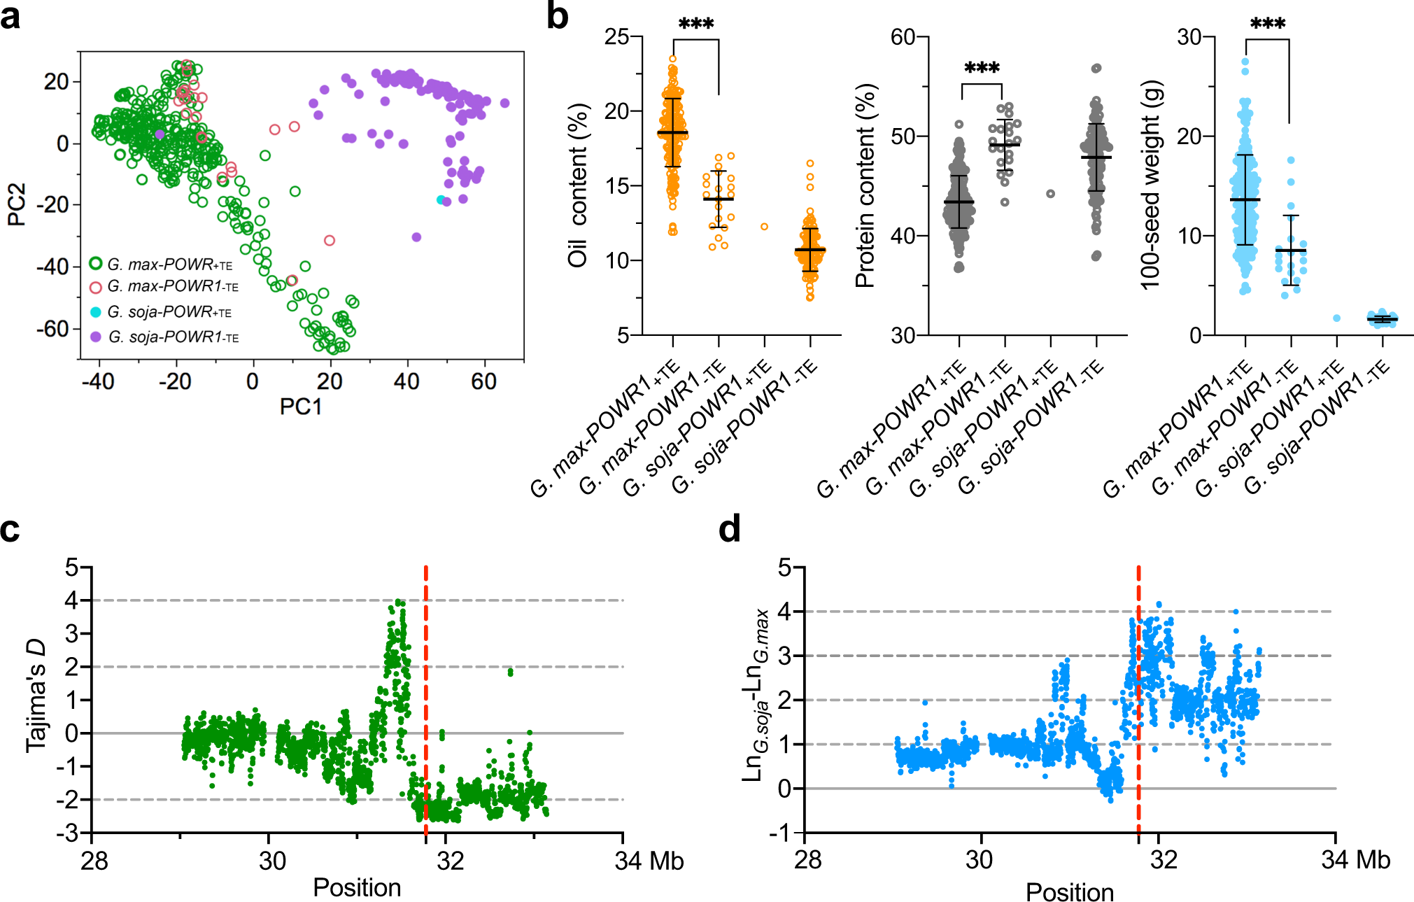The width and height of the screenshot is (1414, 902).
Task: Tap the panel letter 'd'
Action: (x=730, y=530)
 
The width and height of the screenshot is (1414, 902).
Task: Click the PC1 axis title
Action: (x=301, y=407)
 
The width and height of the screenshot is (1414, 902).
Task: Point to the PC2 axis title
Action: (x=17, y=204)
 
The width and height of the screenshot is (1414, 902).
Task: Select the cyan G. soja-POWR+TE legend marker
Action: (x=96, y=312)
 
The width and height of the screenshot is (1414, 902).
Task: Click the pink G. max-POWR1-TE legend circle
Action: (x=96, y=287)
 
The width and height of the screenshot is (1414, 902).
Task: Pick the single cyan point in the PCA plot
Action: (x=441, y=200)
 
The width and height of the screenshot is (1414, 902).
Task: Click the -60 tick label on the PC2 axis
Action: (x=53, y=329)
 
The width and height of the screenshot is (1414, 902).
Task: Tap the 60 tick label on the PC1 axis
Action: (x=483, y=382)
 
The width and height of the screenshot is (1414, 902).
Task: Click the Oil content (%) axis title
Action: (x=578, y=185)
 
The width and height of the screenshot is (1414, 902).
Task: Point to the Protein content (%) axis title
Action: (x=865, y=185)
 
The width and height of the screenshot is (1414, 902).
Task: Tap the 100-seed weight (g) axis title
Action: (x=1151, y=185)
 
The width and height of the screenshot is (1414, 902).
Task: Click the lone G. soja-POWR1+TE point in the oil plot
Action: (x=765, y=227)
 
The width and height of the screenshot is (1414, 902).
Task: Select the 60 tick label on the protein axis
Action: (x=904, y=37)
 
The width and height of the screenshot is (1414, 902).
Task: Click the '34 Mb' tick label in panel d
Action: (x=1355, y=860)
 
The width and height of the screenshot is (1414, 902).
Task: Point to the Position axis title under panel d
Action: (x=1069, y=893)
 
